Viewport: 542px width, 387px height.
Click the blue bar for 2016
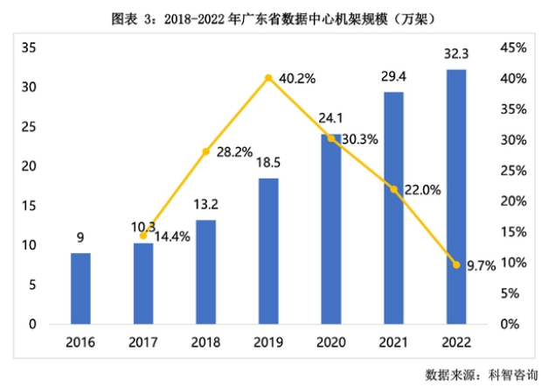80,288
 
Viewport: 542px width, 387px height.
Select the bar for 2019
268,251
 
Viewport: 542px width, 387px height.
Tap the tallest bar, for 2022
456,197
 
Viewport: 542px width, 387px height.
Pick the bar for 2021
393,208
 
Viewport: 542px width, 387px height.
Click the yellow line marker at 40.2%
268,78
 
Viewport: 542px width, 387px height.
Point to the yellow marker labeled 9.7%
456,264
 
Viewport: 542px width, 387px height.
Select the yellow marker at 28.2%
206,151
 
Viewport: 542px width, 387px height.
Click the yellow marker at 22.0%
393,189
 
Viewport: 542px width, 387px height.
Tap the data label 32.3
456,53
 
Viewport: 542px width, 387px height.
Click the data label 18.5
268,163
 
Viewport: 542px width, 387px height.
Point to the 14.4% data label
174,236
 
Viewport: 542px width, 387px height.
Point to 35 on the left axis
29,48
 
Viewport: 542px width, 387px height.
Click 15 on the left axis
29,206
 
